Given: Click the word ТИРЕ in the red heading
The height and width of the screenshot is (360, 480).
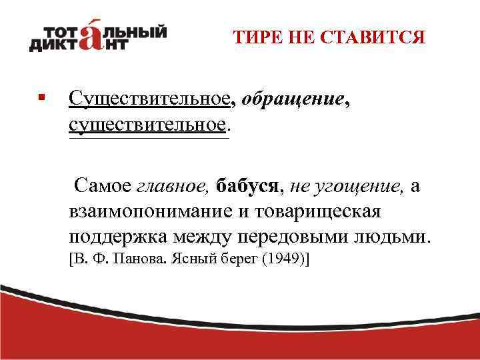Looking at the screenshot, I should pos(255,37).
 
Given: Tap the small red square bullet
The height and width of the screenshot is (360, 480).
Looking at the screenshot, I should pos(41,97).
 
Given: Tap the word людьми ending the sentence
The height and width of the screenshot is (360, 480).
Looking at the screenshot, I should pos(393,237).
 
